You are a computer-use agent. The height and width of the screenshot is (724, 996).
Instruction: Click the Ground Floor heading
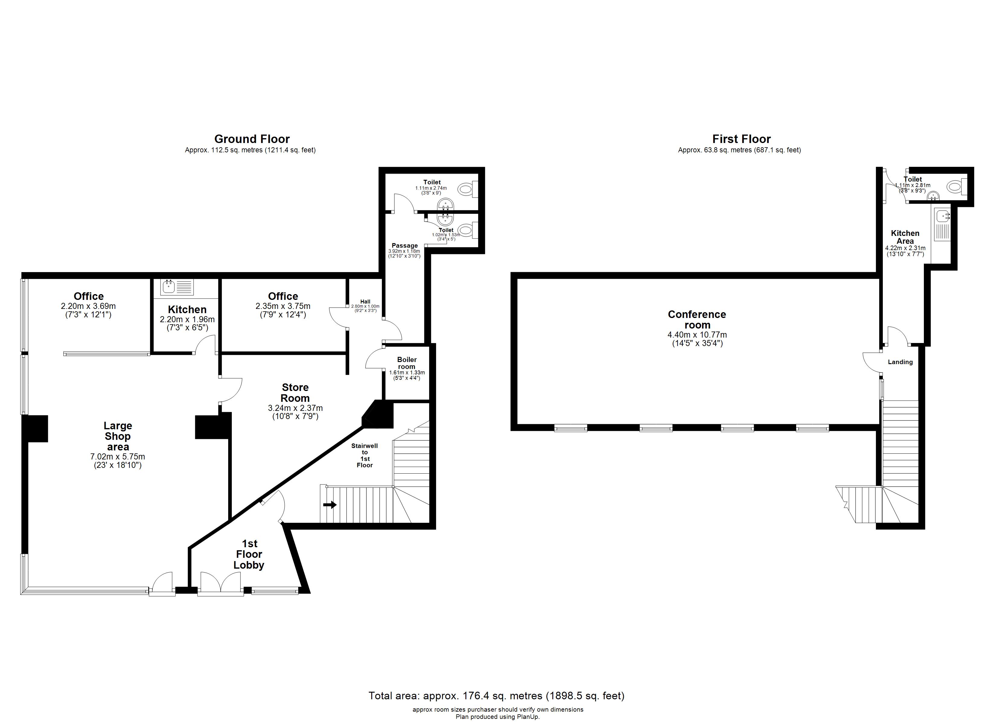[x=252, y=139]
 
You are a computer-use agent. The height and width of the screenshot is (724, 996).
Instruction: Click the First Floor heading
[x=741, y=139]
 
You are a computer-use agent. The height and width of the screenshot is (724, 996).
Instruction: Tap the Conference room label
[x=697, y=320]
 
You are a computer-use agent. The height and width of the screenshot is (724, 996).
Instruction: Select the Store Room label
[x=295, y=392]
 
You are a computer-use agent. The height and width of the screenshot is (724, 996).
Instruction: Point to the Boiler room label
[x=407, y=363]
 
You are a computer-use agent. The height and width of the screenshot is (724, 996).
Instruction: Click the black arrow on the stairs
[x=330, y=505]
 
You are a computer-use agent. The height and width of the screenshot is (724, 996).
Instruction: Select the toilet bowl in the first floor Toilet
[x=953, y=187]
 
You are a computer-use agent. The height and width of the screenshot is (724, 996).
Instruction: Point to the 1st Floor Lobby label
[x=249, y=554]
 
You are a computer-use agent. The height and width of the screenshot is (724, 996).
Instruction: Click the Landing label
[x=900, y=362]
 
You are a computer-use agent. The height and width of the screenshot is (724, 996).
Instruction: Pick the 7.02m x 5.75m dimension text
[x=118, y=457]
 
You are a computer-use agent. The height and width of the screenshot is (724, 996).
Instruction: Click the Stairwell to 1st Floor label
[x=365, y=455]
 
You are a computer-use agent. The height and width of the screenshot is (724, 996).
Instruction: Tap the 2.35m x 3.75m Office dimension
[x=283, y=306]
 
